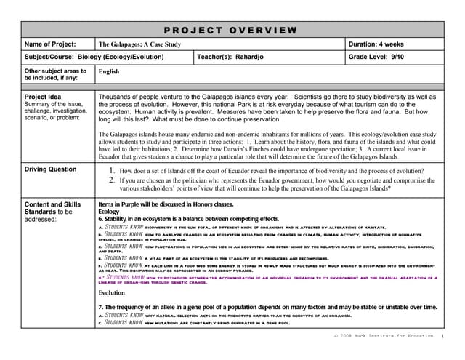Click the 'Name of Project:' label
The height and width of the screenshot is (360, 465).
pos(49,44)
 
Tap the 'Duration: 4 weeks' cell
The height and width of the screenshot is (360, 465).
pos(376,44)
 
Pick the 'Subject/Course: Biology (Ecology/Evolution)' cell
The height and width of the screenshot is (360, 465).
pos(94,56)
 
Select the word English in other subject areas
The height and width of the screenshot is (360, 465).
pos(109,72)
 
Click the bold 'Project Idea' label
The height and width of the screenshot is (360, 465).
pos(43,97)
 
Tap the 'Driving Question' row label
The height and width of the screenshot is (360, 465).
pos(50,169)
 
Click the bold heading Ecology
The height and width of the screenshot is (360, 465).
pos(109,212)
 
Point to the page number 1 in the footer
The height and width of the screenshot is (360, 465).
pos(442,337)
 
